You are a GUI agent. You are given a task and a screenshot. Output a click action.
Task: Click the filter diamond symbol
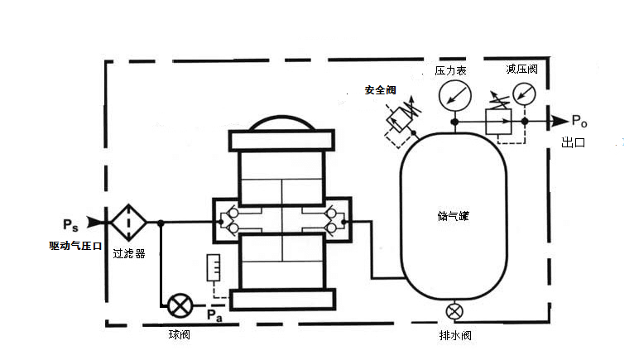pyautogui.click(x=129, y=222)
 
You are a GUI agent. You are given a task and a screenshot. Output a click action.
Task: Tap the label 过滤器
pyautogui.click(x=128, y=254)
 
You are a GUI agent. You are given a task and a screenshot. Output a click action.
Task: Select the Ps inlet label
pyautogui.click(x=71, y=223)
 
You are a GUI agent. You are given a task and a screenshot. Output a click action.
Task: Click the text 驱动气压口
pyautogui.click(x=74, y=246)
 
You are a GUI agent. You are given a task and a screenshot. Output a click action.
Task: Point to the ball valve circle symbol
pyautogui.click(x=179, y=306)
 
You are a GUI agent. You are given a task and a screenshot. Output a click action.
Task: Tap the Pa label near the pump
pyautogui.click(x=214, y=314)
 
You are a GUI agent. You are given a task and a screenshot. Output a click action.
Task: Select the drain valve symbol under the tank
pyautogui.click(x=454, y=312)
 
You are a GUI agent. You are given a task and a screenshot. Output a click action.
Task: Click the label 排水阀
pyautogui.click(x=454, y=337)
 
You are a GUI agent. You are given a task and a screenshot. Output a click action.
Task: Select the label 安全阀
pyautogui.click(x=381, y=89)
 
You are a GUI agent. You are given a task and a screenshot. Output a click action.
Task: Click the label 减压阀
pyautogui.click(x=521, y=70)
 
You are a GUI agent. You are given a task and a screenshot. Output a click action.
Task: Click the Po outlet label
pyautogui.click(x=579, y=121)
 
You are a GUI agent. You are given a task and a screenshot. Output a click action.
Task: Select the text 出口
pyautogui.click(x=574, y=142)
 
